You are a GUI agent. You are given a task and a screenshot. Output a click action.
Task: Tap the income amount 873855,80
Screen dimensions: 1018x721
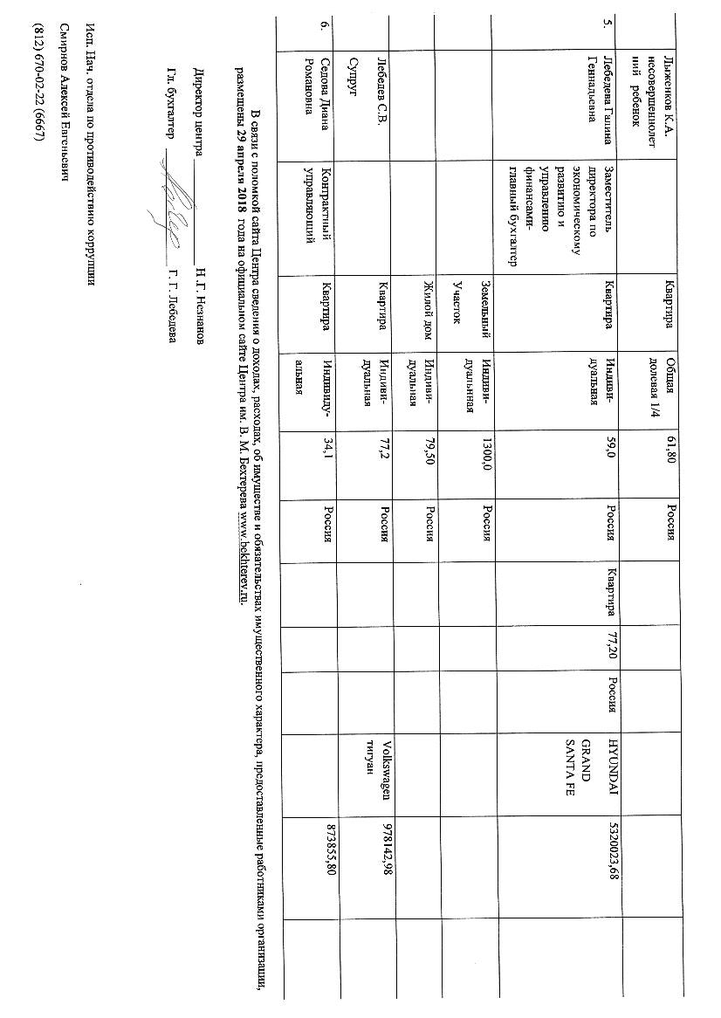(x=329, y=855)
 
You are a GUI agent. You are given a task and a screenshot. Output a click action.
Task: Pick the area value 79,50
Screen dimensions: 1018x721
(x=428, y=457)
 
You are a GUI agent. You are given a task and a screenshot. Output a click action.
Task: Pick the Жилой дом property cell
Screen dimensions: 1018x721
(x=428, y=314)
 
